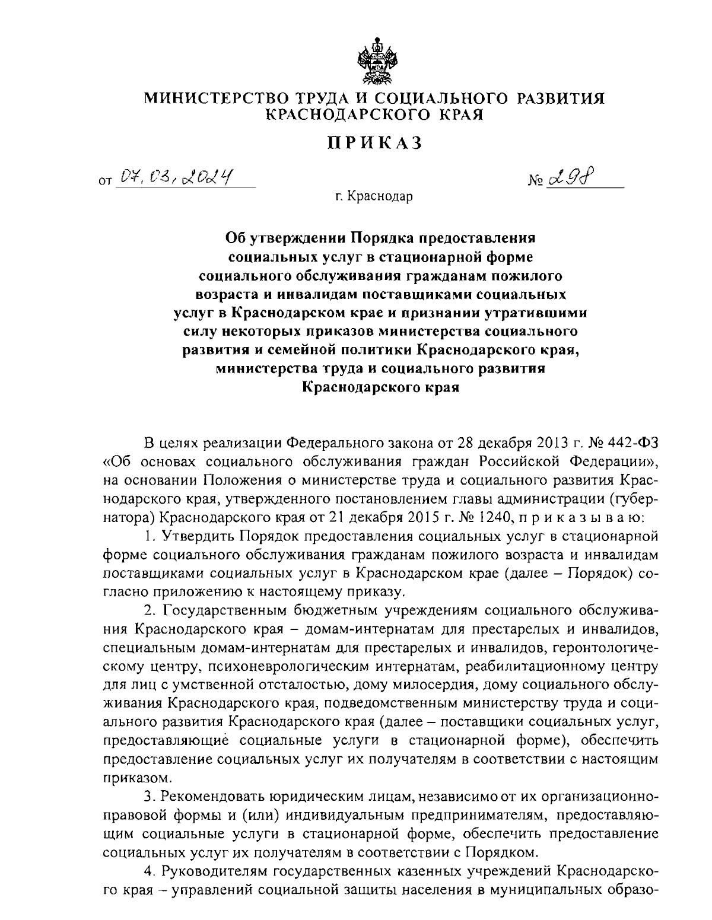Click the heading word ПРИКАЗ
tap(374, 143)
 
